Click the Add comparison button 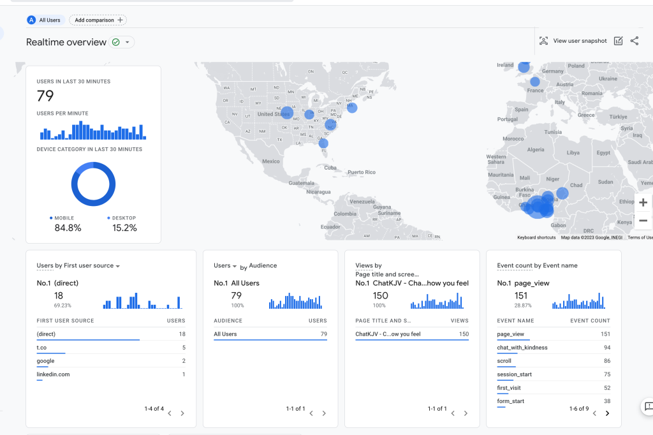(98, 20)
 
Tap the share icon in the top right (634, 41)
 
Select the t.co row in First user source (41, 348)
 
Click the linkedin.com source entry (53, 374)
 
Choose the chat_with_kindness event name (522, 348)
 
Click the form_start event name (511, 401)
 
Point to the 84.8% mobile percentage (68, 228)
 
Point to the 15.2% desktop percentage (124, 228)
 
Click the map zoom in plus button (643, 203)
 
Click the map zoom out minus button (643, 221)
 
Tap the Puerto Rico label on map (361, 172)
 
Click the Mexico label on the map (271, 161)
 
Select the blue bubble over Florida (323, 144)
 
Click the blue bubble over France (534, 82)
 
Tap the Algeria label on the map (536, 149)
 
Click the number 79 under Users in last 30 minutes (45, 96)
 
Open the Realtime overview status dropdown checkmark (121, 42)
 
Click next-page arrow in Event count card (607, 413)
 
